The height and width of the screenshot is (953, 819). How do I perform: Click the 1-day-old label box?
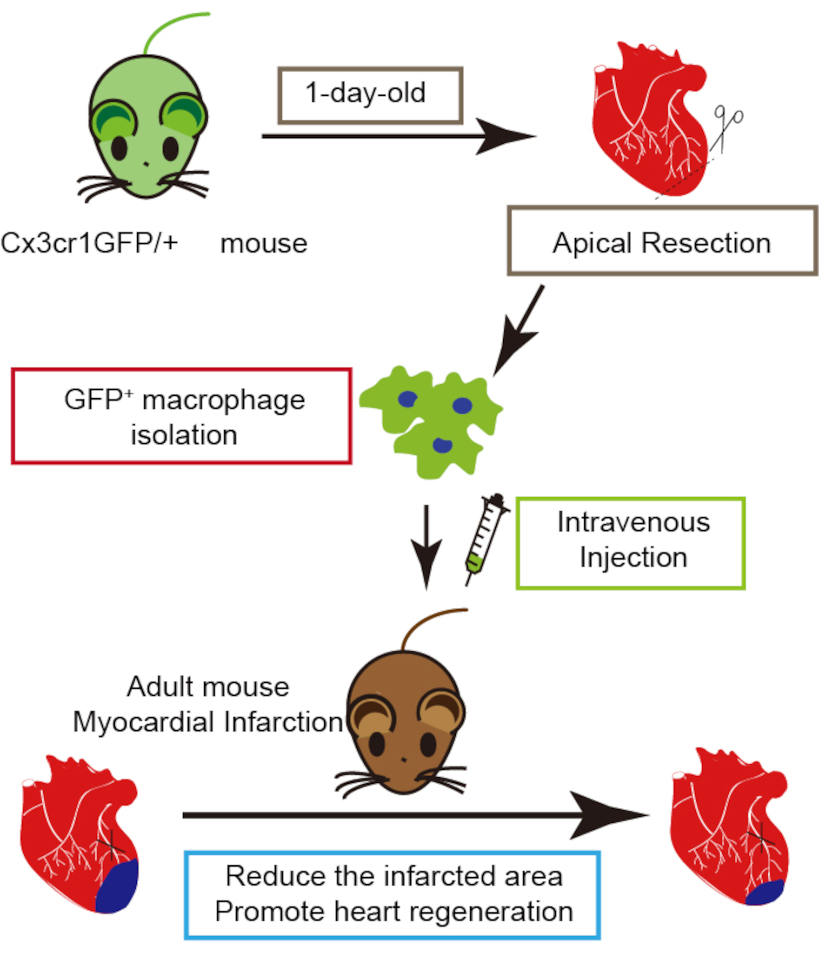point(370,96)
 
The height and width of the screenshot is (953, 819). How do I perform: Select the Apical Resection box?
point(662,241)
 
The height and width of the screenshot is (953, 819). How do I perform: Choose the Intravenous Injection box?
point(630,543)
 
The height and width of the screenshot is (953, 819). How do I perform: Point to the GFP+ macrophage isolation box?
point(182,416)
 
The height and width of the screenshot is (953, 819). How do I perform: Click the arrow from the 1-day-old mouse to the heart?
point(396,136)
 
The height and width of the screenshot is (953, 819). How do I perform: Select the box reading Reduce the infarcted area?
point(392,895)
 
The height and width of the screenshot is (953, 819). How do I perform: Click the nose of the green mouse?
point(146,164)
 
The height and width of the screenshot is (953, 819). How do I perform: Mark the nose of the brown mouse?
point(403,759)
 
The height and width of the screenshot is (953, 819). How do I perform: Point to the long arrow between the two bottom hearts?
point(414,815)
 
